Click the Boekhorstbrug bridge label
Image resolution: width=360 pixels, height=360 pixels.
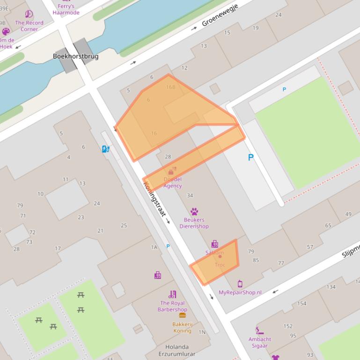pyautogui.click(x=75, y=56)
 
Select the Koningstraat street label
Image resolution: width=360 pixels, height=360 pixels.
pyautogui.click(x=154, y=199)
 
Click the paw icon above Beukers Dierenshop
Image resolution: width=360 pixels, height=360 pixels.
pyautogui.click(x=194, y=212)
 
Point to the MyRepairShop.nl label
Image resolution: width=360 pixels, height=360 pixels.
pyautogui.click(x=240, y=292)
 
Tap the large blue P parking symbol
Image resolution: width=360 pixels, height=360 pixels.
pyautogui.click(x=251, y=158)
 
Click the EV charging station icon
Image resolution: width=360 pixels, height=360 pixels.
pyautogui.click(x=106, y=149)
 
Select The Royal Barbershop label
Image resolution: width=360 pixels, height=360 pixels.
pyautogui.click(x=172, y=306)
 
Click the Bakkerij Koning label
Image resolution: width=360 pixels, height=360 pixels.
pyautogui.click(x=182, y=327)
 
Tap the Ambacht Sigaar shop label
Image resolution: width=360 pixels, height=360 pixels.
pyautogui.click(x=260, y=342)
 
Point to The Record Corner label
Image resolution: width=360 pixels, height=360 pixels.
pyautogui.click(x=29, y=26)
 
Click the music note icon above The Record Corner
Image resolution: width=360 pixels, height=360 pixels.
pyautogui.click(x=29, y=14)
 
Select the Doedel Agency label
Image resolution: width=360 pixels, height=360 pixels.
pyautogui.click(x=172, y=182)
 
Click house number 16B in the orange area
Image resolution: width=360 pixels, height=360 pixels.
pyautogui.click(x=170, y=87)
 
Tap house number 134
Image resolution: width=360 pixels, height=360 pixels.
pyautogui.click(x=331, y=287)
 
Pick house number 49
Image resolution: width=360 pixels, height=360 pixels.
pyautogui.click(x=348, y=214)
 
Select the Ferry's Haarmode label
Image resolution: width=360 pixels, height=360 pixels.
pyautogui.click(x=66, y=9)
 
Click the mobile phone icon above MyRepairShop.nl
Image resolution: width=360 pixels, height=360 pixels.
pyautogui.click(x=240, y=284)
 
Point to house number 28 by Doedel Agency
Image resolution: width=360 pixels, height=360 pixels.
pyautogui.click(x=168, y=157)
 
